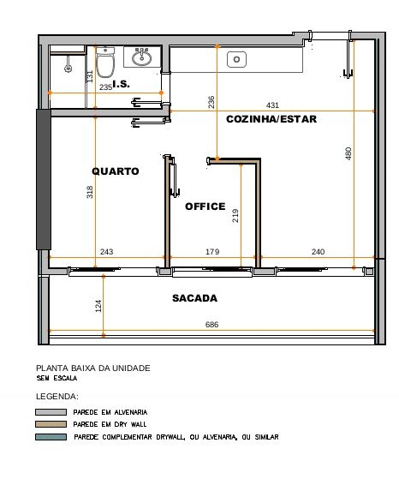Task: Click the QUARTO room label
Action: [116, 171]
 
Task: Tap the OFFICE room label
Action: [205, 207]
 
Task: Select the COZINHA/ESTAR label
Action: [271, 119]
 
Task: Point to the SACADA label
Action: [194, 298]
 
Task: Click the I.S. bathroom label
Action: [122, 84]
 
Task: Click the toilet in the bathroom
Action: [105, 63]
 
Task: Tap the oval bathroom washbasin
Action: [141, 57]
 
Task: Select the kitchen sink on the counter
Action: [236, 59]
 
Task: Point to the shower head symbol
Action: [68, 67]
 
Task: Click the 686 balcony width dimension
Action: [211, 324]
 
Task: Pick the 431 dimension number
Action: [272, 105]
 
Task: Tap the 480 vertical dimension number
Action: [348, 153]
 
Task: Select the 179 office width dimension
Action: [212, 251]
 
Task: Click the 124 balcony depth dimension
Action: [98, 306]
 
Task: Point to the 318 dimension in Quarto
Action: [90, 192]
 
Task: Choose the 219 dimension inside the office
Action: [235, 216]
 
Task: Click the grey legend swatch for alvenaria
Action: [51, 412]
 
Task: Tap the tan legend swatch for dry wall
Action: [51, 424]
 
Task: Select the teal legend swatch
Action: [51, 437]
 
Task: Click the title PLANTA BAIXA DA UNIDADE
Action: [93, 368]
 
